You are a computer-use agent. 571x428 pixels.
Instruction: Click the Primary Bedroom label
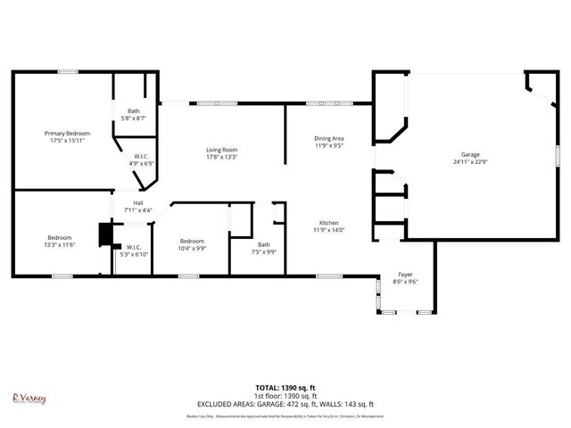[x=67, y=133]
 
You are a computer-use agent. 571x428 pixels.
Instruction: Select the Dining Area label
[x=328, y=138]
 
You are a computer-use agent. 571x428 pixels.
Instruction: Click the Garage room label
[x=469, y=154]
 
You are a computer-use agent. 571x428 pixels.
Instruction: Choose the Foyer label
[x=405, y=275]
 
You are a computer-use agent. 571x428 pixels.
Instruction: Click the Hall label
[x=138, y=203]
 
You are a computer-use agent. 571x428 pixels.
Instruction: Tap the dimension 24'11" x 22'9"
[x=469, y=161]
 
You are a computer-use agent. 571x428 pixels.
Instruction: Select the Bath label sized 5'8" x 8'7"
[x=133, y=111]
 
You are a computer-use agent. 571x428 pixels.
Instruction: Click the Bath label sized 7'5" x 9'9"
[x=263, y=244]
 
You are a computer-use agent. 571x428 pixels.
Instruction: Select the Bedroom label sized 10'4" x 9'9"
[x=192, y=241]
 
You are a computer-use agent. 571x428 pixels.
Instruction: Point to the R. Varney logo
[x=29, y=400]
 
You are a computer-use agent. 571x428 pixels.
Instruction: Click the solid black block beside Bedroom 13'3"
[x=106, y=234]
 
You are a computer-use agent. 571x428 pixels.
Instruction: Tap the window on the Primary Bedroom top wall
[x=67, y=71]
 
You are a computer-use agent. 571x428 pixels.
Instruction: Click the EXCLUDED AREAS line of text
[x=285, y=404]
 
